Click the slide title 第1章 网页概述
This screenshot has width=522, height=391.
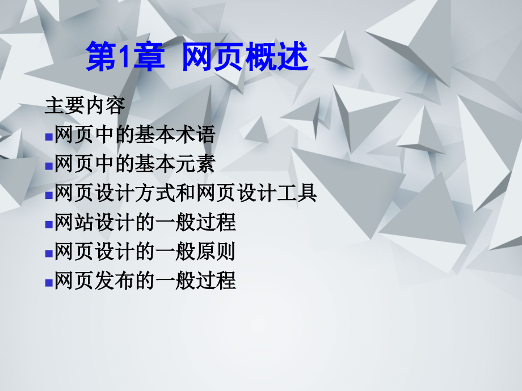[x=196, y=58]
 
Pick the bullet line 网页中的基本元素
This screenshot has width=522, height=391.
[x=135, y=164]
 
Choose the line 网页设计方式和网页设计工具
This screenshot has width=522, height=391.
[x=186, y=194]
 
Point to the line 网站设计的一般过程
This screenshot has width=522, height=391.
[x=145, y=223]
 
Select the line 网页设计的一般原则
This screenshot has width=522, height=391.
[x=145, y=252]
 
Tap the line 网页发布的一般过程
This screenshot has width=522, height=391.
[x=145, y=281]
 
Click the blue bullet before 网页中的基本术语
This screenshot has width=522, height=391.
[x=49, y=136]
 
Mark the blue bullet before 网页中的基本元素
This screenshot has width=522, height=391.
[x=49, y=165]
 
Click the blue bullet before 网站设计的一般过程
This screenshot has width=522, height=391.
[x=49, y=224]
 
